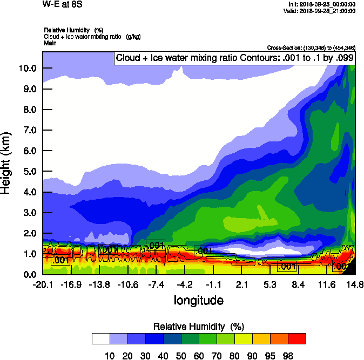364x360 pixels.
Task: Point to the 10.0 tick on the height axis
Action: click(x=28, y=69)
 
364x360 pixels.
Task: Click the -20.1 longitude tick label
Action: click(x=42, y=284)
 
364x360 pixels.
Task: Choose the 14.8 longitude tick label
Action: click(x=354, y=284)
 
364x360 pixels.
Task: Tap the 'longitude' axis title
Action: click(x=198, y=300)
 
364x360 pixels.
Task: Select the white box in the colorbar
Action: click(x=100, y=338)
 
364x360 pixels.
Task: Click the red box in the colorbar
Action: click(x=296, y=338)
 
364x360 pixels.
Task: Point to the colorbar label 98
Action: click(x=288, y=355)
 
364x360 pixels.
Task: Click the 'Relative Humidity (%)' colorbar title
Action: click(x=199, y=327)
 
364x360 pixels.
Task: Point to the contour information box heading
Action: click(x=234, y=58)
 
